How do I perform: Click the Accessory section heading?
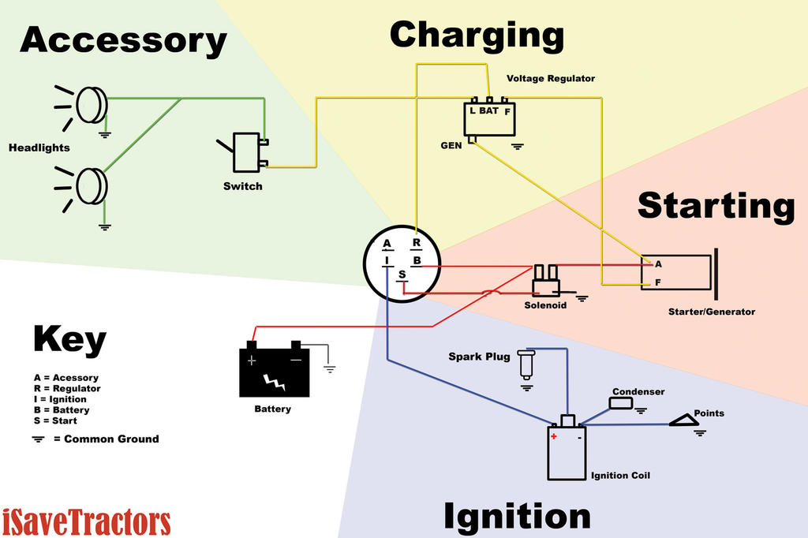(123, 40)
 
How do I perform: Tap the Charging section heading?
(477, 36)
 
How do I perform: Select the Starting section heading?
(716, 205)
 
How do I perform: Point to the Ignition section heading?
(517, 517)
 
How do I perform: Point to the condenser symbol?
(621, 403)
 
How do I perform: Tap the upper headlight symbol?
(91, 105)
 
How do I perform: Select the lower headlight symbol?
(91, 186)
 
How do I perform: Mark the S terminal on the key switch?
(402, 275)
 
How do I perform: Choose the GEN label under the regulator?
(451, 146)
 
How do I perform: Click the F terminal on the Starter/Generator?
(657, 282)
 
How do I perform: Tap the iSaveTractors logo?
(86, 521)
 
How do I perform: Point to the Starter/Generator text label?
(711, 312)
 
